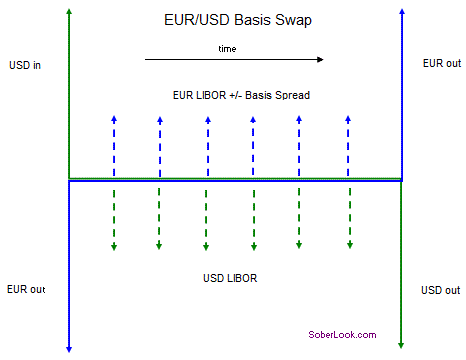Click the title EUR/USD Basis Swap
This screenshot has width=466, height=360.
tap(233, 19)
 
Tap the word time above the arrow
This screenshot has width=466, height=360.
tap(228, 48)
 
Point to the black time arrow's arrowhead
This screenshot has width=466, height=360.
tap(320, 60)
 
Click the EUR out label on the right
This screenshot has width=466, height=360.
tap(441, 64)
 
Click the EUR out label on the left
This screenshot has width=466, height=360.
tap(26, 289)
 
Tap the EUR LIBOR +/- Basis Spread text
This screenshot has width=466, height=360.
tap(242, 95)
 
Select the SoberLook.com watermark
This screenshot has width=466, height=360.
tap(341, 335)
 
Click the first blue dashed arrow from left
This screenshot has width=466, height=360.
tap(114, 145)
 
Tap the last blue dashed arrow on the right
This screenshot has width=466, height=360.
tap(349, 145)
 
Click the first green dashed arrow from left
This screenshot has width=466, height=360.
tap(114, 215)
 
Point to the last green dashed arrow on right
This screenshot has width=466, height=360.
tap(349, 215)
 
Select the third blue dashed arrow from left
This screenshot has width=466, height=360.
tap(205, 145)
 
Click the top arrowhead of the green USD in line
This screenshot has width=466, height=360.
tap(68, 12)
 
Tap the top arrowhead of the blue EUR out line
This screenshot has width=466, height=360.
tap(401, 12)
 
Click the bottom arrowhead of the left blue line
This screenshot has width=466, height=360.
tap(68, 347)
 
